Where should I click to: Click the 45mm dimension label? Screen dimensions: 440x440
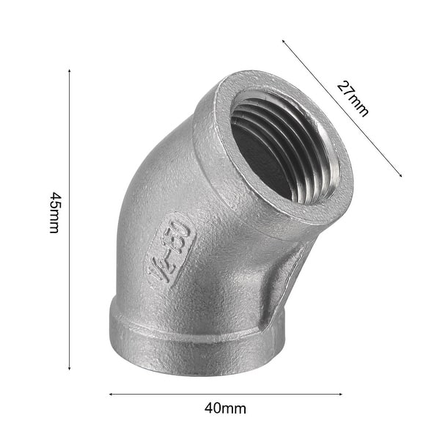tap(54, 213)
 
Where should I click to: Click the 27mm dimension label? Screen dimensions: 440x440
tap(353, 98)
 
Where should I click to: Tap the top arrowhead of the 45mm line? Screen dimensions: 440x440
tap(69, 71)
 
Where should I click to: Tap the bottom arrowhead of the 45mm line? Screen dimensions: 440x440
tap(69, 369)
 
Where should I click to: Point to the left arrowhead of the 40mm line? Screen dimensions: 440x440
tap(111, 394)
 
